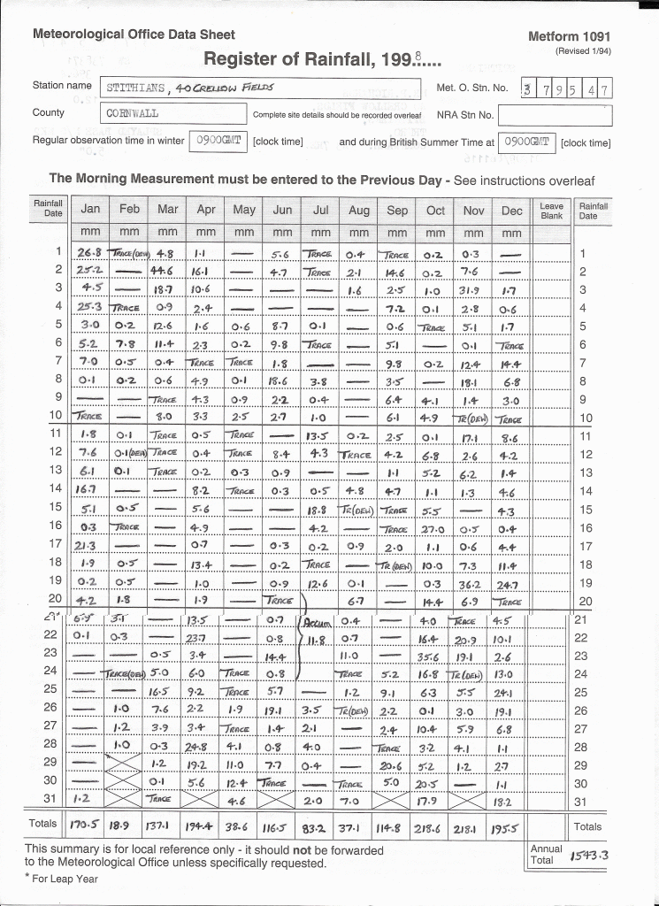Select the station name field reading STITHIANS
click(x=261, y=88)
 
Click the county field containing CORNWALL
click(x=172, y=114)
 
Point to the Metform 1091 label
click(x=569, y=36)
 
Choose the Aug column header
click(x=358, y=210)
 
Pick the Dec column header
click(x=511, y=210)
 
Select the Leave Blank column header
click(x=551, y=210)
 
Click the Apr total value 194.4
click(x=205, y=826)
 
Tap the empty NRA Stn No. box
click(x=555, y=115)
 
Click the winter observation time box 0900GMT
click(x=218, y=141)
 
